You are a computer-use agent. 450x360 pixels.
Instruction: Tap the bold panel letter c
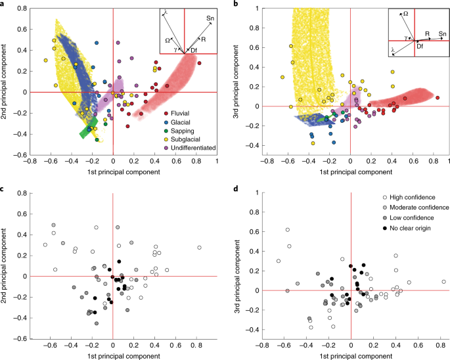point(4,190)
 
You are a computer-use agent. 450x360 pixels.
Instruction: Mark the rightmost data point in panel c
point(199,248)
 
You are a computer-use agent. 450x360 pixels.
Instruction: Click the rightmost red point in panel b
point(437,98)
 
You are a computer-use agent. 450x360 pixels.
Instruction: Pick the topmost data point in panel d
point(288,230)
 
